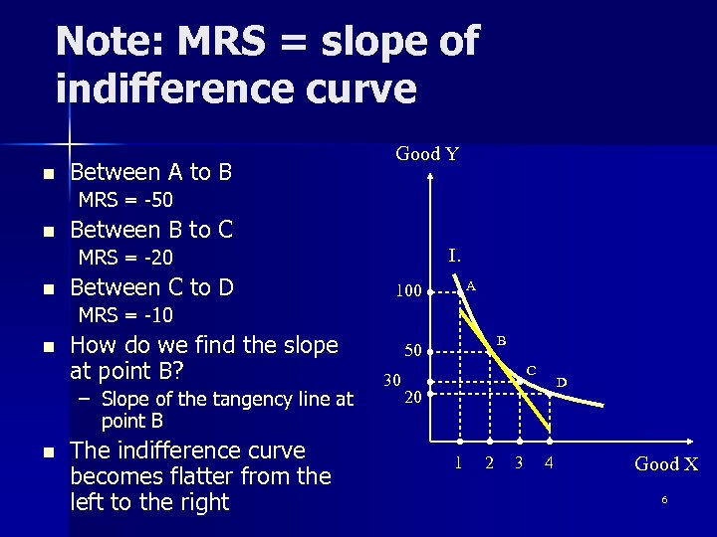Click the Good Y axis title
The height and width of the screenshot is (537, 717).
point(427,154)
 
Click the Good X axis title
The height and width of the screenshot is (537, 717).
point(666,463)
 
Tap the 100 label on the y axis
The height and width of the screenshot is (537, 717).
point(408,291)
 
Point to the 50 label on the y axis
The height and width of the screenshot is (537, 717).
point(412,350)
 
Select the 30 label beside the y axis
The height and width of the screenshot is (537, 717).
point(392,379)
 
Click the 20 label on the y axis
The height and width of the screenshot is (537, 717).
point(412,398)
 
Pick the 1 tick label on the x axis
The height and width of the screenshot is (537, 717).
point(459,462)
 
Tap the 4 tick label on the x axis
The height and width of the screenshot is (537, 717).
point(549,462)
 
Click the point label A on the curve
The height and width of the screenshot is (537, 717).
point(471,285)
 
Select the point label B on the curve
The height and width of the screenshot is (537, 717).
point(501,341)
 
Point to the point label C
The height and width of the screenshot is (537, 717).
point(531,371)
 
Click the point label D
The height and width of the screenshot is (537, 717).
point(562,382)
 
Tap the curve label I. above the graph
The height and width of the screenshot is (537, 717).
point(454,255)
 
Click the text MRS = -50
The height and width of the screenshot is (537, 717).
point(125,201)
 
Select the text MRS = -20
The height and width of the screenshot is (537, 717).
point(125,259)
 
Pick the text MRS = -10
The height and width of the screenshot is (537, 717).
point(125,316)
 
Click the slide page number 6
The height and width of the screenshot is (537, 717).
point(664,499)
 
